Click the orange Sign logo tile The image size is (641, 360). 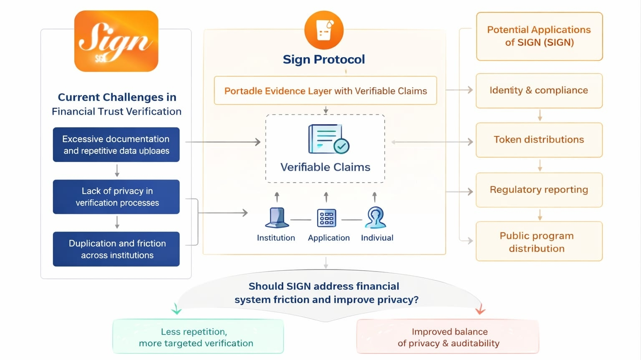[116, 41]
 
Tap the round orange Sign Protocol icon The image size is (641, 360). [324, 30]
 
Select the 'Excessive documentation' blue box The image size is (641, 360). [116, 144]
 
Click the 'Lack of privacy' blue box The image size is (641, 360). [116, 196]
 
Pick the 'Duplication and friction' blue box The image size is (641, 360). [116, 249]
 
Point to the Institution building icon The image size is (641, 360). [277, 218]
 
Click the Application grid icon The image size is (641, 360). [326, 218]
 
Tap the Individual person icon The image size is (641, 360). [376, 218]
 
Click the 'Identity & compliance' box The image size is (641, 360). [539, 91]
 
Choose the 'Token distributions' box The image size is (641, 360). [539, 140]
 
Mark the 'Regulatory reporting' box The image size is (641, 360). [539, 190]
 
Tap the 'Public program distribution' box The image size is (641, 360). [539, 242]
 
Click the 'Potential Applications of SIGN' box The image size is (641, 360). [539, 36]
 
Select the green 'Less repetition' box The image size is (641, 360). [198, 337]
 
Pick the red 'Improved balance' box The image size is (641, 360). [448, 337]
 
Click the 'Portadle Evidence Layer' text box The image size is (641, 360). [325, 91]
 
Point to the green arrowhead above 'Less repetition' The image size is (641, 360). [177, 310]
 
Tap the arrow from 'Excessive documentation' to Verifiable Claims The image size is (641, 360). [223, 142]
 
